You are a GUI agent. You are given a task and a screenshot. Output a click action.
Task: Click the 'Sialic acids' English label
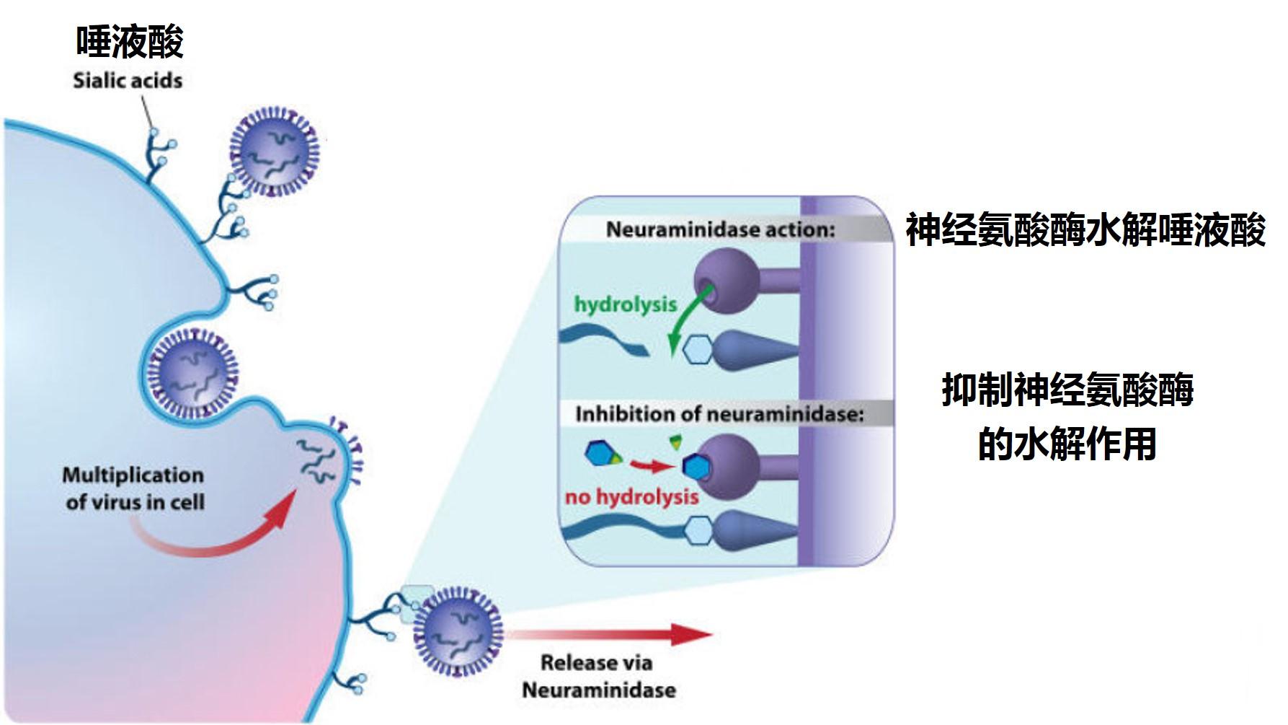tap(128, 80)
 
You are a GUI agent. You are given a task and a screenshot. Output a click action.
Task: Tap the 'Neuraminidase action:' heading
tap(720, 229)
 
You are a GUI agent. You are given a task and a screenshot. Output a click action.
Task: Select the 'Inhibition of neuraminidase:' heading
tap(719, 415)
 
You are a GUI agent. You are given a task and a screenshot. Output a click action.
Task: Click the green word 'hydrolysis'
tap(626, 304)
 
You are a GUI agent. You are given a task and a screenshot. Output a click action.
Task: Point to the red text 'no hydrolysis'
tap(631, 496)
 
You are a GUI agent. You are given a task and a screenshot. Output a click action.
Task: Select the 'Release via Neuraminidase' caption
tap(598, 676)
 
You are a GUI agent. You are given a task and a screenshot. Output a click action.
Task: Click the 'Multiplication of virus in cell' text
tap(134, 488)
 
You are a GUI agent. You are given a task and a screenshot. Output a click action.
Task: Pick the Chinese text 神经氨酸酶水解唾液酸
tap(1085, 231)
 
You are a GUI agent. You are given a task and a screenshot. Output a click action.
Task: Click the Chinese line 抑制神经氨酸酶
tap(1067, 390)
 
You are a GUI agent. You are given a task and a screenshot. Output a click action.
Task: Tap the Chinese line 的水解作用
tap(1067, 444)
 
